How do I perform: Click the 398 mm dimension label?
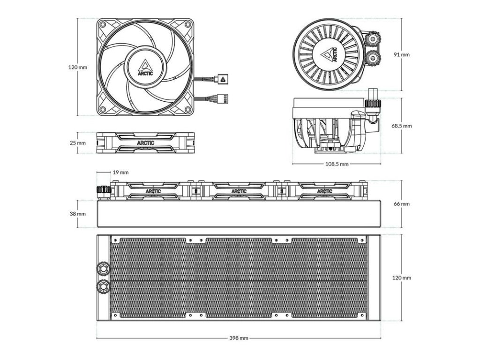pos(239,338)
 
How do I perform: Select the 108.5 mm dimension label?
pos(337,164)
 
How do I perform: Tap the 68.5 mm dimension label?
pos(402,126)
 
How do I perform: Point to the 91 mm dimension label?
pos(402,54)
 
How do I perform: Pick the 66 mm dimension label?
pos(402,204)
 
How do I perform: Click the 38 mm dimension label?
pos(78,213)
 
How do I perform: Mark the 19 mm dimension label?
pos(121,172)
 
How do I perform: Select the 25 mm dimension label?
pos(78,142)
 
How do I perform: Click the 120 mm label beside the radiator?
pos(402,277)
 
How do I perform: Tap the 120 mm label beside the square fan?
pos(78,67)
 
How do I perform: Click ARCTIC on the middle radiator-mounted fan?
pos(239,191)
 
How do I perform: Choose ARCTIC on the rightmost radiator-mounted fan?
pos(324,191)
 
